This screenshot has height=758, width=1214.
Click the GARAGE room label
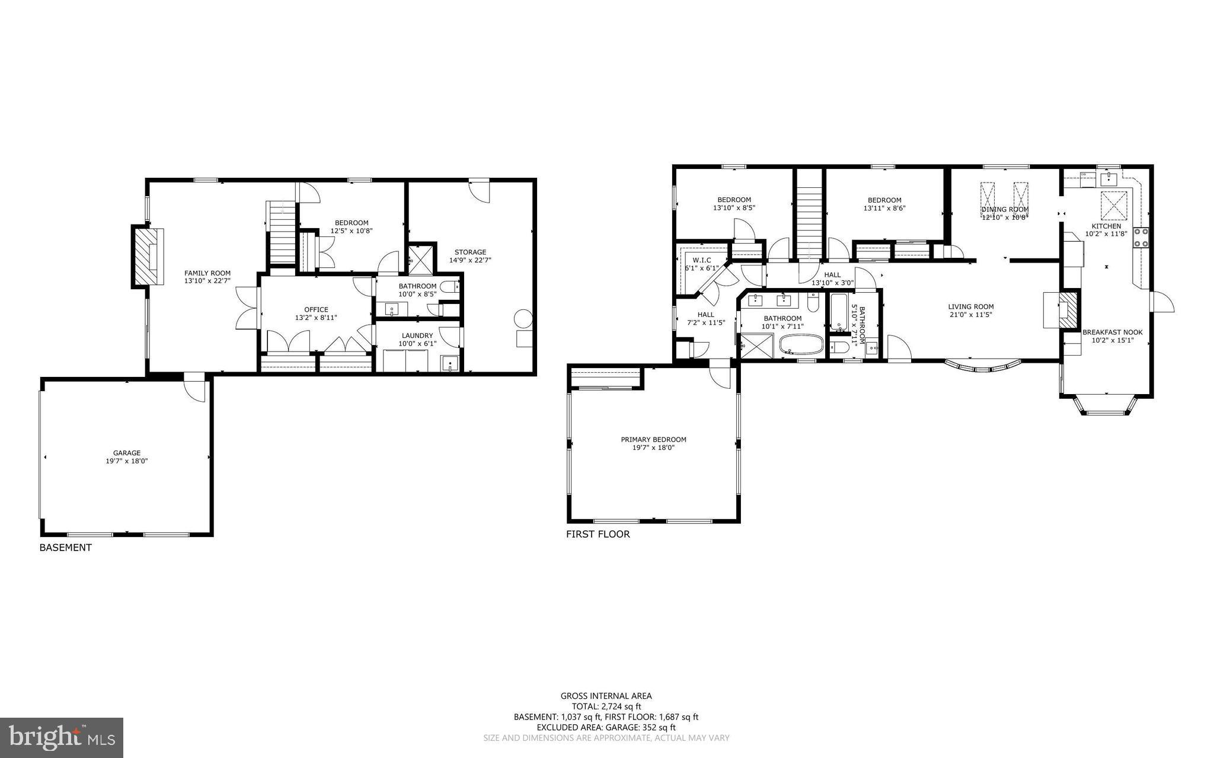(x=127, y=453)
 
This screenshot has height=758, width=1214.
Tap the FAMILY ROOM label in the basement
(x=207, y=273)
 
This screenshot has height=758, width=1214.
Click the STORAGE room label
(x=470, y=252)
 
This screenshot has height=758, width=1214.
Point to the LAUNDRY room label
(x=417, y=335)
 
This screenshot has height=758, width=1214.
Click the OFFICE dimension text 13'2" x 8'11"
(x=316, y=318)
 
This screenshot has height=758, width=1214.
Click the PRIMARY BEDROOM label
(x=653, y=439)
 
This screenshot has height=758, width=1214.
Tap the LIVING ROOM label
(x=970, y=306)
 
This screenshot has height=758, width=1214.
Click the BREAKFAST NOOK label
(x=1112, y=332)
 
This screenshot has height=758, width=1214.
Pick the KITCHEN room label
(x=1106, y=226)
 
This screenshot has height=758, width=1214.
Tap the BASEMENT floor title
(x=65, y=548)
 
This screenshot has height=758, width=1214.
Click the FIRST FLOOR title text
(x=598, y=534)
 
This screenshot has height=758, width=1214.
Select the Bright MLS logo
(x=62, y=737)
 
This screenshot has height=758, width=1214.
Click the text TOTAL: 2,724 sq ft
(x=606, y=706)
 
